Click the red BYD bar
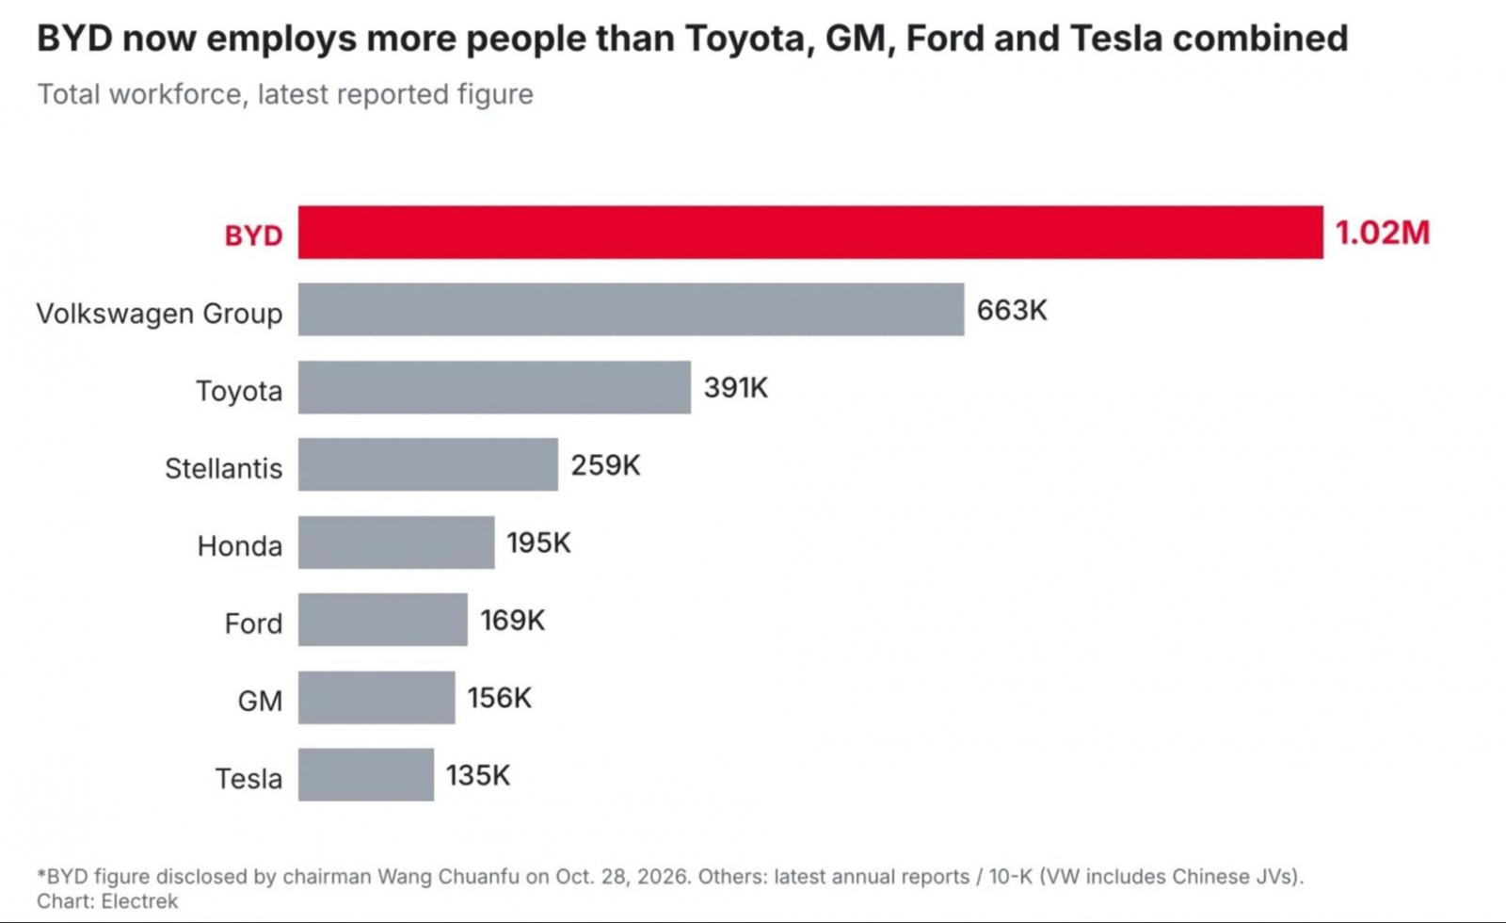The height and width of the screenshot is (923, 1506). point(810,232)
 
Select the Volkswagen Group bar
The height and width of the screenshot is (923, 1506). point(631,310)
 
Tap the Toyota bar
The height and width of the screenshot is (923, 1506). point(494,387)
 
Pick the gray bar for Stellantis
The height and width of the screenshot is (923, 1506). point(427,465)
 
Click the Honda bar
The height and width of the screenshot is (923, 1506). point(396,542)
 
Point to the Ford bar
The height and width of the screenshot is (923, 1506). point(382,620)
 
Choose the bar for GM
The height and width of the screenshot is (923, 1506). point(376,698)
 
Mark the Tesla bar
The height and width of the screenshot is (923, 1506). point(366,775)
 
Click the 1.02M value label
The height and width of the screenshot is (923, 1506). point(1383,233)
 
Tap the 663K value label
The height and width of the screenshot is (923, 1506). point(1012,310)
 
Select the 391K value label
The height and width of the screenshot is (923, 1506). point(735,387)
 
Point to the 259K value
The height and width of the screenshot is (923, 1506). point(606,465)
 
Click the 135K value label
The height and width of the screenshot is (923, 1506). point(478,775)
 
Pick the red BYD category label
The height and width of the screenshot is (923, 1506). point(253,235)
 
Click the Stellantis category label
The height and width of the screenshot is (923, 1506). point(224,468)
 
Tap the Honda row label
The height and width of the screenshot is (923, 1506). point(240,545)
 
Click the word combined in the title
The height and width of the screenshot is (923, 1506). point(1260,38)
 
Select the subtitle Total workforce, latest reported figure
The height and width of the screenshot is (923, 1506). point(285,94)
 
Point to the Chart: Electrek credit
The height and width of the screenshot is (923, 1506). point(107,900)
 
